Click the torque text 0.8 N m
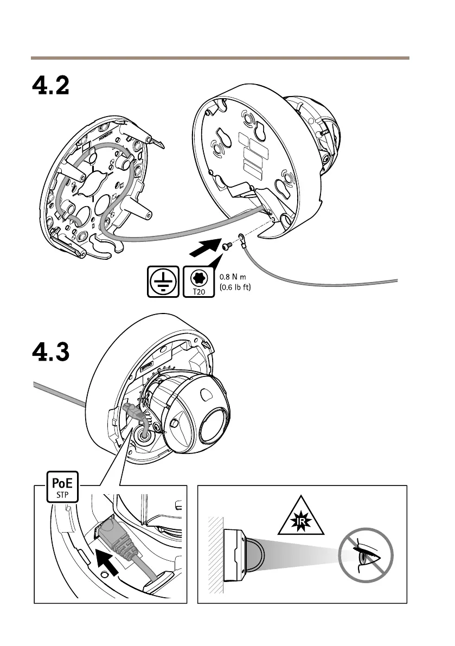[x=236, y=277]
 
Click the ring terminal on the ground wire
[x=241, y=238]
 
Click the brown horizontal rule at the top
[x=220, y=57]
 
